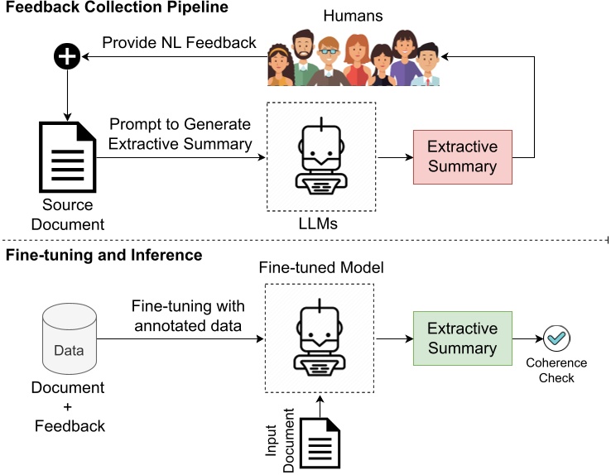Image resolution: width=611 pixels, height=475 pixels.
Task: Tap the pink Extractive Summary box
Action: coord(462,156)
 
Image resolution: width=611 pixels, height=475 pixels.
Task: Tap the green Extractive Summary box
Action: coord(462,338)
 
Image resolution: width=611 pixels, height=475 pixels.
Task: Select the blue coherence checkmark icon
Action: coord(558,338)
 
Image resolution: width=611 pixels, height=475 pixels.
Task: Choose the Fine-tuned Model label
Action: coord(320,268)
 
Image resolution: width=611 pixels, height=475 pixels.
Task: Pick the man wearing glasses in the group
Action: coord(329,61)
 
